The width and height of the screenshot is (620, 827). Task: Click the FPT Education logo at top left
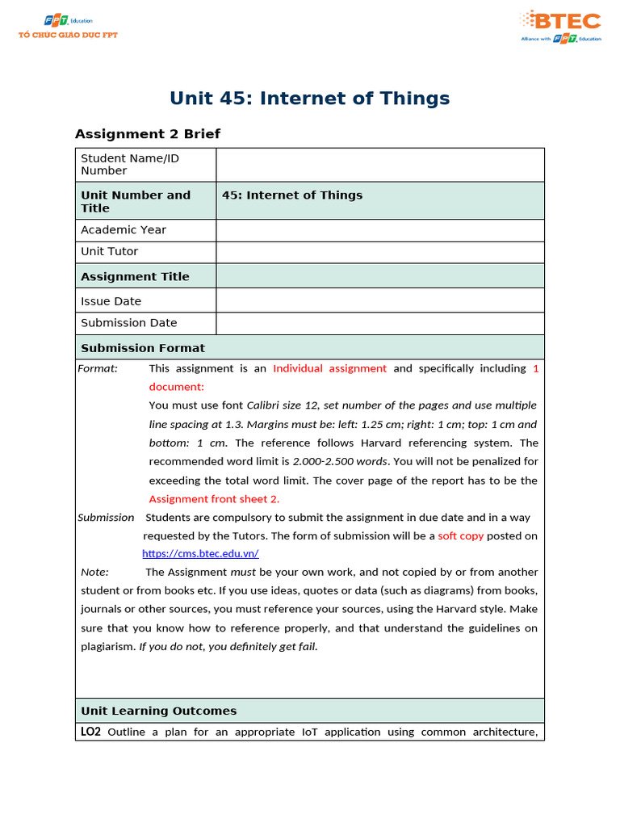tap(68, 26)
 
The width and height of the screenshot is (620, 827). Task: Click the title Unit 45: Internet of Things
tap(309, 99)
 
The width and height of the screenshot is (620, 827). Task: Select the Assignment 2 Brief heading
tap(147, 134)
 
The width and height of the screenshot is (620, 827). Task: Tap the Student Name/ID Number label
tap(130, 165)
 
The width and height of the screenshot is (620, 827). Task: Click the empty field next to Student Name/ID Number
tap(379, 165)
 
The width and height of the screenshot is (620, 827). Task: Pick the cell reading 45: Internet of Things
tap(292, 195)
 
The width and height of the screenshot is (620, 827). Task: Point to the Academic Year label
tap(124, 230)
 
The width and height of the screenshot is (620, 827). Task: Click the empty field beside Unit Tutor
tap(379, 252)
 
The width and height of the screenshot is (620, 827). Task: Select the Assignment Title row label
tap(135, 276)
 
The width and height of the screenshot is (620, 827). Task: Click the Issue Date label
tap(111, 301)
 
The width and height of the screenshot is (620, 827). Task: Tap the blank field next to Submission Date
tap(379, 323)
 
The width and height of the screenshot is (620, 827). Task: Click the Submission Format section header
tap(143, 348)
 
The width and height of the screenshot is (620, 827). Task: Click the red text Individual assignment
tap(329, 368)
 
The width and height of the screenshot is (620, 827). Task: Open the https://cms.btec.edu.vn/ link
tap(200, 554)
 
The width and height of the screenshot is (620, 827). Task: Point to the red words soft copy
tap(460, 536)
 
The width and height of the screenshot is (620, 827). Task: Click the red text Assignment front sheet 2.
tap(214, 499)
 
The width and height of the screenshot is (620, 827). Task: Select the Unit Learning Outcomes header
tap(158, 712)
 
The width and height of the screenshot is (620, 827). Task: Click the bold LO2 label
tap(90, 733)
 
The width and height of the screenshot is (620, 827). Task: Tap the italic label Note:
tap(94, 573)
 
